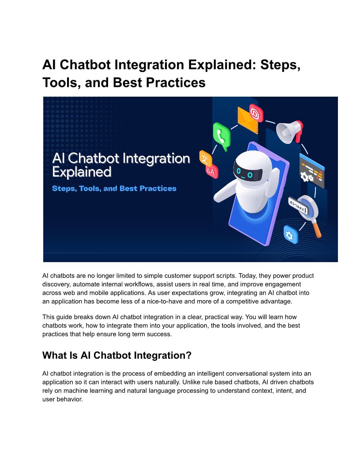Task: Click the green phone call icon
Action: [221, 136]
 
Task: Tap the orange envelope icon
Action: [247, 120]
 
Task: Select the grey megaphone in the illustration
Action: [289, 131]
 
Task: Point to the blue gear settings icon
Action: [290, 235]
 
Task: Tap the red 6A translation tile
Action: [212, 171]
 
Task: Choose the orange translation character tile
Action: [206, 158]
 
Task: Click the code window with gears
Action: [311, 171]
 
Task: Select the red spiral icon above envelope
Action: [256, 113]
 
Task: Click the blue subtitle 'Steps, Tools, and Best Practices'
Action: [114, 188]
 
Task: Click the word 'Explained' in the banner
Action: [82, 172]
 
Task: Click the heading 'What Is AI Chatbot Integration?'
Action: [117, 355]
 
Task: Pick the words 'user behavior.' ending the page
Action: [62, 399]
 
